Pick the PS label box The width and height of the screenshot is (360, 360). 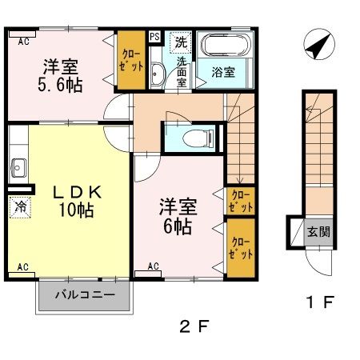point(154,37)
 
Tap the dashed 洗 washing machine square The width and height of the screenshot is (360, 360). point(180,41)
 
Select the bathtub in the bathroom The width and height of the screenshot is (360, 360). point(224,46)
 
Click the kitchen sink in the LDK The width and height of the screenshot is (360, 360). point(17,169)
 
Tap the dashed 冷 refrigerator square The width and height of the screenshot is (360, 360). point(18,206)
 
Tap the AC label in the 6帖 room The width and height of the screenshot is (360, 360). point(153,265)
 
